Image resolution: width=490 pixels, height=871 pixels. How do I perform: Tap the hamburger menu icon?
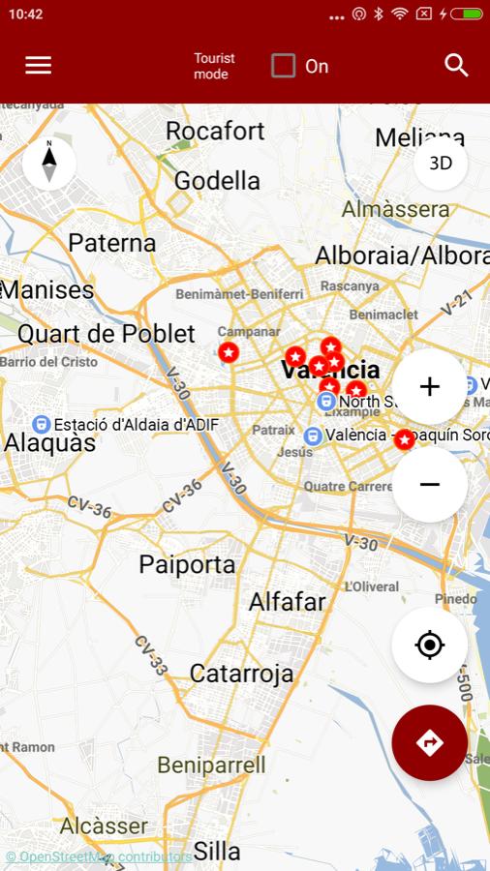point(39,65)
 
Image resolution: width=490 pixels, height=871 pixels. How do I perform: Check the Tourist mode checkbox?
point(283,66)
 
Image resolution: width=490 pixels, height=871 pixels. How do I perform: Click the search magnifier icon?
point(456,65)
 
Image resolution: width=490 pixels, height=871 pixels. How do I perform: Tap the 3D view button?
point(441,164)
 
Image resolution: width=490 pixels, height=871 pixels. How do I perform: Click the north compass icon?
point(48,162)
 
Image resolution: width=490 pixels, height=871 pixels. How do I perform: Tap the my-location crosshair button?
point(430,646)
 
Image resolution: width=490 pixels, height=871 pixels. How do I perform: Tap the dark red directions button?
point(430,743)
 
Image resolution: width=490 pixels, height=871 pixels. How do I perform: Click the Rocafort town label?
point(215,131)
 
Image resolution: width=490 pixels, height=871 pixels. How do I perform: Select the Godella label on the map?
point(217,181)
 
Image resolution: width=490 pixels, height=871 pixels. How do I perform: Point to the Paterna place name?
point(112,243)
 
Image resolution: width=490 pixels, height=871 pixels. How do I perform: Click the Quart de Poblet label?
point(107,334)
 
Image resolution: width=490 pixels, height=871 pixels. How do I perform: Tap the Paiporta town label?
point(187,564)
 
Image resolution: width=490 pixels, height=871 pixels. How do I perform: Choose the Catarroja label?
point(241,673)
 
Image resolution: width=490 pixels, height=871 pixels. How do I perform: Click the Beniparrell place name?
point(211,766)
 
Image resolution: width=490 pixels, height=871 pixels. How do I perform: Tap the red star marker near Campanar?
point(229,353)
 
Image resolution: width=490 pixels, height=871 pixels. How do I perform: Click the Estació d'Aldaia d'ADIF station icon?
point(42,424)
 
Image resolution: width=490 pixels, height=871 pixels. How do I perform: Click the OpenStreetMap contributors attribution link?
point(99,856)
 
